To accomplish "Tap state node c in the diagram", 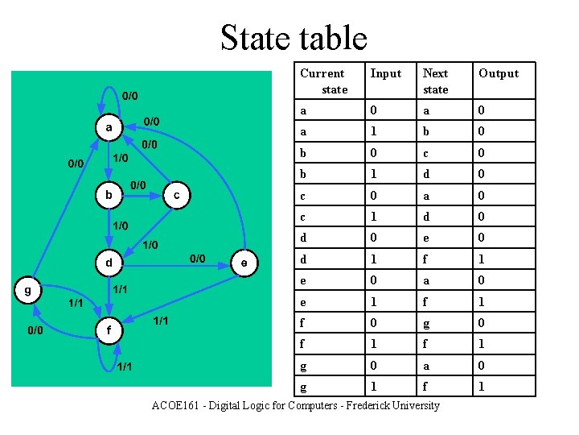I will pos(176,195).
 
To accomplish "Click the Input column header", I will pos(386,73).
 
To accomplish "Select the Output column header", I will pos(499,73).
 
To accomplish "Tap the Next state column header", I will pos(436,81).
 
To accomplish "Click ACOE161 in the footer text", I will pos(177,405).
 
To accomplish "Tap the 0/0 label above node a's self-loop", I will pos(129,97).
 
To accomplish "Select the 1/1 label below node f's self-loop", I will pos(125,367).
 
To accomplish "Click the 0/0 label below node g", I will pos(35,330).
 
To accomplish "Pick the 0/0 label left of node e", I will pos(197,258).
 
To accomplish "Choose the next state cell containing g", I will pos(426,323).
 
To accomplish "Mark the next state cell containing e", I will pos(426,238).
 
